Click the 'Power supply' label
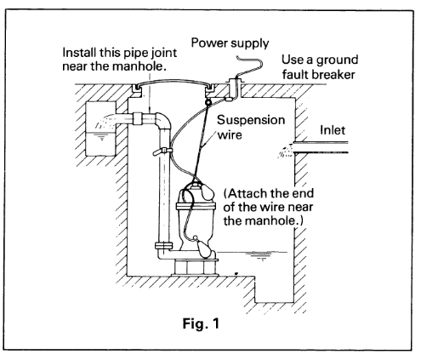pyautogui.click(x=230, y=43)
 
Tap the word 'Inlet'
pyautogui.click(x=333, y=130)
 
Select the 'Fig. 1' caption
pyautogui.click(x=201, y=323)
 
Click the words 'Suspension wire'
pyautogui.click(x=251, y=127)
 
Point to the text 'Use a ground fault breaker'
pyautogui.click(x=320, y=67)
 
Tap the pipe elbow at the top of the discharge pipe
pyautogui.click(x=163, y=120)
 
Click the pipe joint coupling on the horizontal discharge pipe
pyautogui.click(x=138, y=118)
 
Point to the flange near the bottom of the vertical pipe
pyautogui.click(x=164, y=246)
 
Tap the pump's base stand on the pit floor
pyautogui.click(x=195, y=267)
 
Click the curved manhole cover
pyautogui.click(x=173, y=82)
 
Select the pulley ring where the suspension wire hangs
pyautogui.click(x=208, y=102)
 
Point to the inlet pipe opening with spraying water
pyautogui.click(x=286, y=150)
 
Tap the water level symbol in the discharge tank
pyautogui.click(x=101, y=137)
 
